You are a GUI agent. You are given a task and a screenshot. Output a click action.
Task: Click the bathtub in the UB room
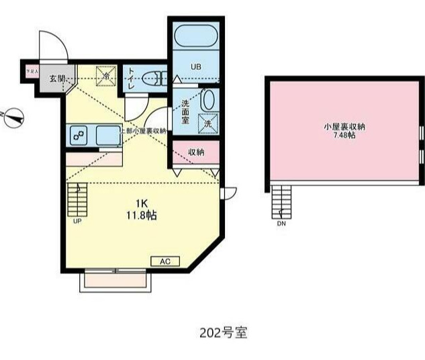(x=195, y=36)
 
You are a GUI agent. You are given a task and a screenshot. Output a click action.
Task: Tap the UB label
(x=195, y=66)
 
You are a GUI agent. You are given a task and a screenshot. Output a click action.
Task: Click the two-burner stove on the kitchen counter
(x=78, y=136)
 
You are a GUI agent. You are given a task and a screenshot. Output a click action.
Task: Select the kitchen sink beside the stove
(x=107, y=135)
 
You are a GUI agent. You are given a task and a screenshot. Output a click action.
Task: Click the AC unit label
(x=165, y=261)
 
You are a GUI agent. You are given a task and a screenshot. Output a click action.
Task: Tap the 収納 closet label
(x=196, y=153)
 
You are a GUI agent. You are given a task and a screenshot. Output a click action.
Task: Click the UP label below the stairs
(x=77, y=220)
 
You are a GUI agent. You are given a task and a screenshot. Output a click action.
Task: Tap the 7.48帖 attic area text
(x=344, y=135)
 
